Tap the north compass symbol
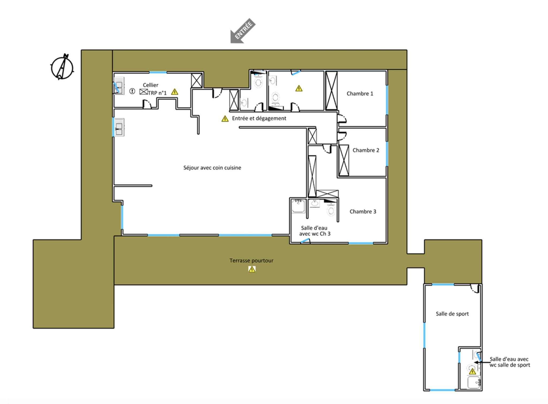click(62, 67)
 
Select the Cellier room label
click(150, 85)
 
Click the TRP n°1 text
click(157, 93)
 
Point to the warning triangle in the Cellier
click(175, 92)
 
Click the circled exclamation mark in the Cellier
click(132, 91)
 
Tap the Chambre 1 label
click(360, 93)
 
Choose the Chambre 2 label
click(366, 150)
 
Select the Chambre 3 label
click(363, 212)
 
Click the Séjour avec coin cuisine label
click(212, 168)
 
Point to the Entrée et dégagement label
click(259, 118)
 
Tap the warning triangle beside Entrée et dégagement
click(225, 118)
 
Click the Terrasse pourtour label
click(252, 260)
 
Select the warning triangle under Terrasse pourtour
click(252, 269)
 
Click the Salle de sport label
click(452, 314)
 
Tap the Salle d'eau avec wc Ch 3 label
click(315, 231)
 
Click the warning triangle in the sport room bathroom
click(472, 371)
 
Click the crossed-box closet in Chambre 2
click(344, 160)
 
